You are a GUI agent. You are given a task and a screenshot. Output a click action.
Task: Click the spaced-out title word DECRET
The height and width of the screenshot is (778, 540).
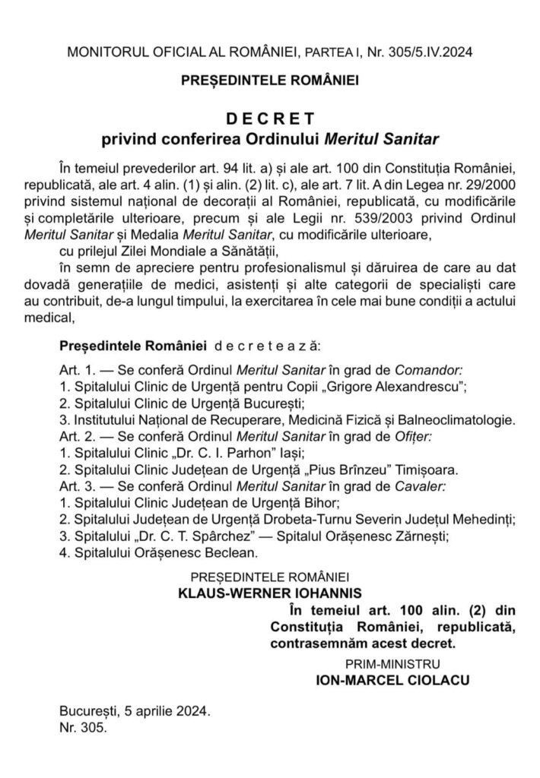tap(269, 119)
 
